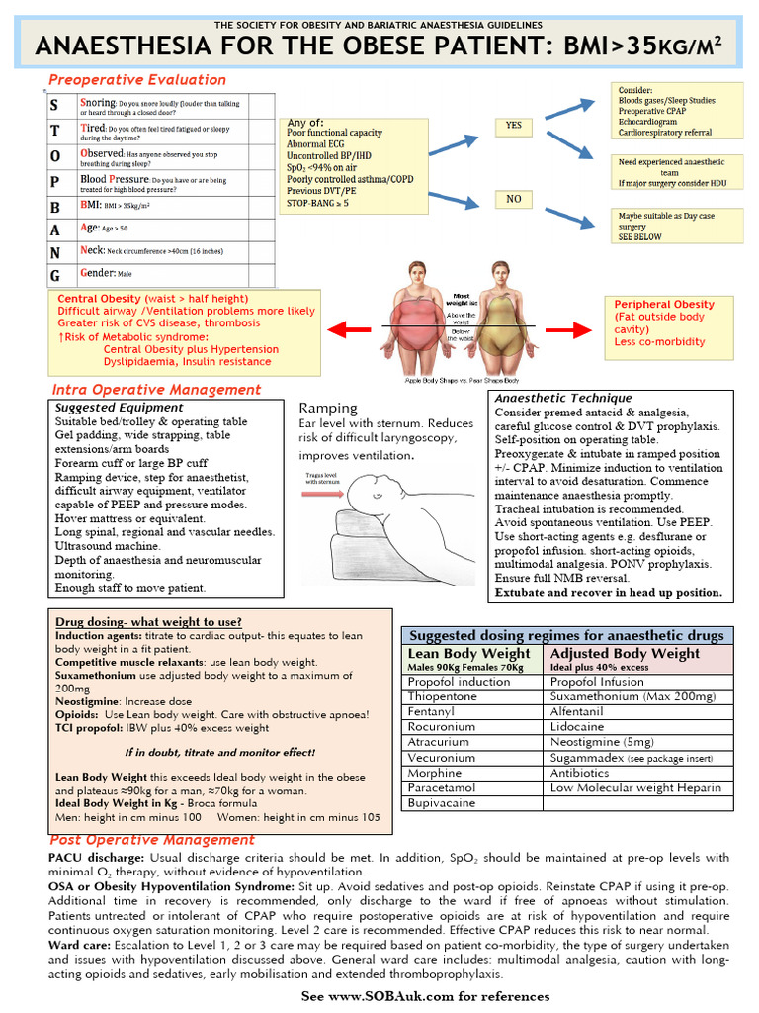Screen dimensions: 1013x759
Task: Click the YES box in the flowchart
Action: pos(513,126)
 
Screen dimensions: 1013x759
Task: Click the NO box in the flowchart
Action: pos(513,199)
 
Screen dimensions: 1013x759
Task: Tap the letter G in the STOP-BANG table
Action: pos(55,273)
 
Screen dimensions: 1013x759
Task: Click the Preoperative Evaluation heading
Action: pos(137,80)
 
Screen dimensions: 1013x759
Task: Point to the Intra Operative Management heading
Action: pos(156,390)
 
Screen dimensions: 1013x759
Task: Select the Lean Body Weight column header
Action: pos(469,654)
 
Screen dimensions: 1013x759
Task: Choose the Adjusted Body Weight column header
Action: pos(625,654)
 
